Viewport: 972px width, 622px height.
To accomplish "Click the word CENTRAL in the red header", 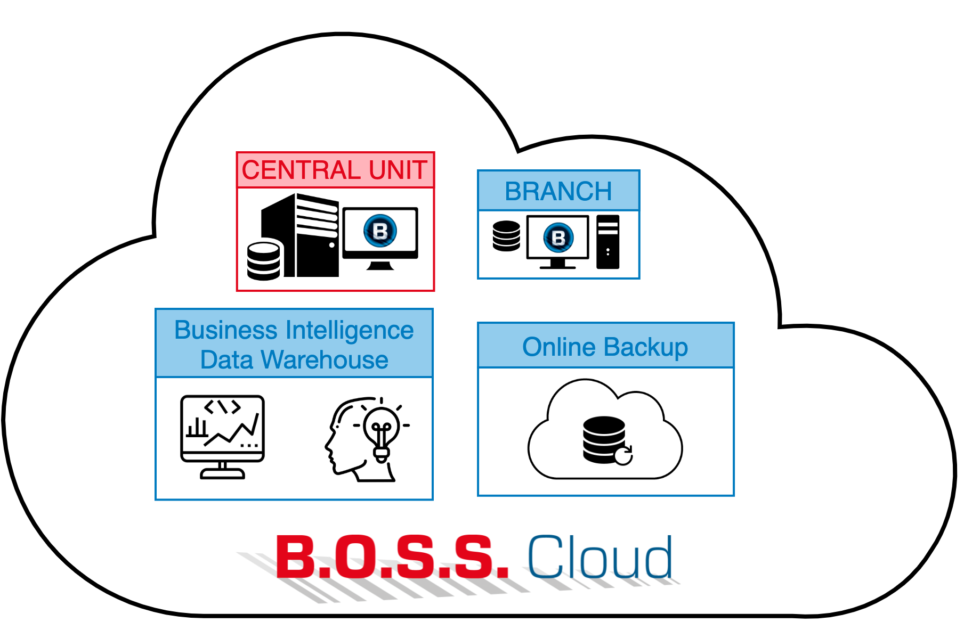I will [x=301, y=170].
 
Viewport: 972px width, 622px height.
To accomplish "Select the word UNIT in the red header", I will [x=398, y=170].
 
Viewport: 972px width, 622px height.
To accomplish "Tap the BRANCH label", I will [x=558, y=191].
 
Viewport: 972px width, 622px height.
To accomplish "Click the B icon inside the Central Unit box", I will [x=380, y=231].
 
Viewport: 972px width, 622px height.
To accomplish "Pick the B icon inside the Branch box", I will [x=558, y=238].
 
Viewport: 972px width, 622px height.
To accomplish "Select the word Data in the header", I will [x=226, y=360].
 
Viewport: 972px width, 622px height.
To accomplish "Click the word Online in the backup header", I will [x=558, y=347].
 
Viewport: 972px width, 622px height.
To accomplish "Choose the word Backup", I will [x=646, y=348].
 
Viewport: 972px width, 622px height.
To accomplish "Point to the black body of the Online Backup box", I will [x=606, y=431].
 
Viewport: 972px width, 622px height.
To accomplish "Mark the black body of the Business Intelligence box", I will [x=294, y=438].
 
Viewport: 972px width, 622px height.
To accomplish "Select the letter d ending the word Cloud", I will [x=658, y=557].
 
